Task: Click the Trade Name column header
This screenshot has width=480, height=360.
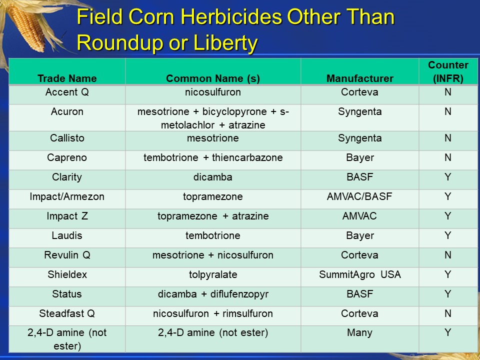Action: (67, 78)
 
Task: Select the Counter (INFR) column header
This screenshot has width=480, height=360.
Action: (448, 71)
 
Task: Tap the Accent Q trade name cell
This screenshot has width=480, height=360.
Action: (67, 92)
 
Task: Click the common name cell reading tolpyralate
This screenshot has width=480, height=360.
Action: (213, 274)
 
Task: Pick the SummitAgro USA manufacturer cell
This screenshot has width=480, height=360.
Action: (359, 274)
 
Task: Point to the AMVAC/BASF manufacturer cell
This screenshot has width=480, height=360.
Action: (359, 196)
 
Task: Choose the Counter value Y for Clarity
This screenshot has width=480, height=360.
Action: (448, 177)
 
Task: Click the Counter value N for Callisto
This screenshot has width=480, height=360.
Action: (448, 138)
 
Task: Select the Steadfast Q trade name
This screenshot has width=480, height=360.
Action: (67, 313)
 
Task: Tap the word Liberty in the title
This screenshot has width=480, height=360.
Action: (225, 42)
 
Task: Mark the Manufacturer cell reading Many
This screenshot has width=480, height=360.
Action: (359, 333)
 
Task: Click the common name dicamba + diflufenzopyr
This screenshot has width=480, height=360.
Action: (213, 294)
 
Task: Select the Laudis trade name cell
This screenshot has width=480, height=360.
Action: (67, 235)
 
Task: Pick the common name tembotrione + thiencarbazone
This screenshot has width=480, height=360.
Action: (213, 157)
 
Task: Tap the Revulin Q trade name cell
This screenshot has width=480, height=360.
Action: (67, 255)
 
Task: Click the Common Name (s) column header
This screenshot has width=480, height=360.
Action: (213, 78)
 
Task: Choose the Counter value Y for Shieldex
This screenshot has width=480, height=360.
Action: (448, 274)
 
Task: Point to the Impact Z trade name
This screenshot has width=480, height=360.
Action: (67, 216)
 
